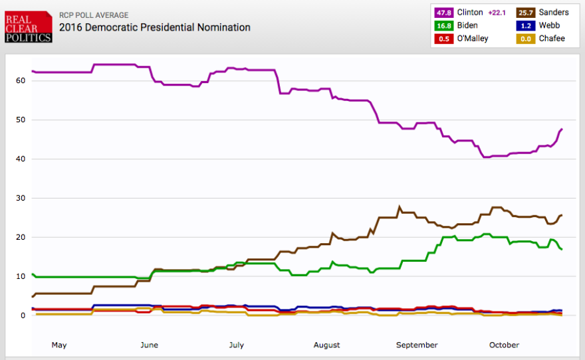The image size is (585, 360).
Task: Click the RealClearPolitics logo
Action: (28, 27)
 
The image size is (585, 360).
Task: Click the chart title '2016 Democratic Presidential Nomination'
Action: (155, 28)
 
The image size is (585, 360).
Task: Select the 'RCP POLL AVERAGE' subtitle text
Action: (94, 15)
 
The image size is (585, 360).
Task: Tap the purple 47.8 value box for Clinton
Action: (444, 13)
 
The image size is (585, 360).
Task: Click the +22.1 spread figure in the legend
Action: (497, 13)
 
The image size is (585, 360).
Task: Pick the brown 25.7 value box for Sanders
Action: (526, 13)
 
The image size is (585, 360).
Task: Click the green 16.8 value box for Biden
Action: (444, 25)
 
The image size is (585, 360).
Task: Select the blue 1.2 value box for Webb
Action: (526, 25)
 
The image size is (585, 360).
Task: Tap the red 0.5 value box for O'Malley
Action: (444, 39)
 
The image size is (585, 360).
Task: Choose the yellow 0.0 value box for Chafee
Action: (526, 39)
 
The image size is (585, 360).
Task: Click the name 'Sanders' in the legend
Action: (554, 13)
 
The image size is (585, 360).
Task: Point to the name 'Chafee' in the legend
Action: (552, 39)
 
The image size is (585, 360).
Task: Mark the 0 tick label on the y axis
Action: (23, 315)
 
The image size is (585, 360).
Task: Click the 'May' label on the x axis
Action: (59, 345)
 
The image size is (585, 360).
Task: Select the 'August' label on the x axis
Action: (326, 345)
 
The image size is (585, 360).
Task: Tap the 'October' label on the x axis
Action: (504, 345)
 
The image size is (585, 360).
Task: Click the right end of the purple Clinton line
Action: (562, 129)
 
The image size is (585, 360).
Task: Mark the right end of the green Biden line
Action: (562, 249)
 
